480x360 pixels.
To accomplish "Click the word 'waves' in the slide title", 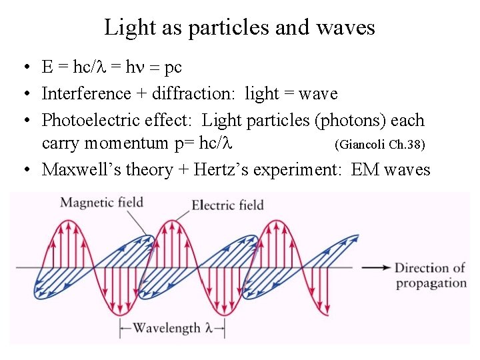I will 346,28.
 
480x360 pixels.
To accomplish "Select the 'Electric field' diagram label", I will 227,205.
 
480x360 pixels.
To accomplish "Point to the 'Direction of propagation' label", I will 430,275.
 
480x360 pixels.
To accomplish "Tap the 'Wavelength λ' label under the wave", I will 172,327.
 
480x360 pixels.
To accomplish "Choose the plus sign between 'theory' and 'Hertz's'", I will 184,170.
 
